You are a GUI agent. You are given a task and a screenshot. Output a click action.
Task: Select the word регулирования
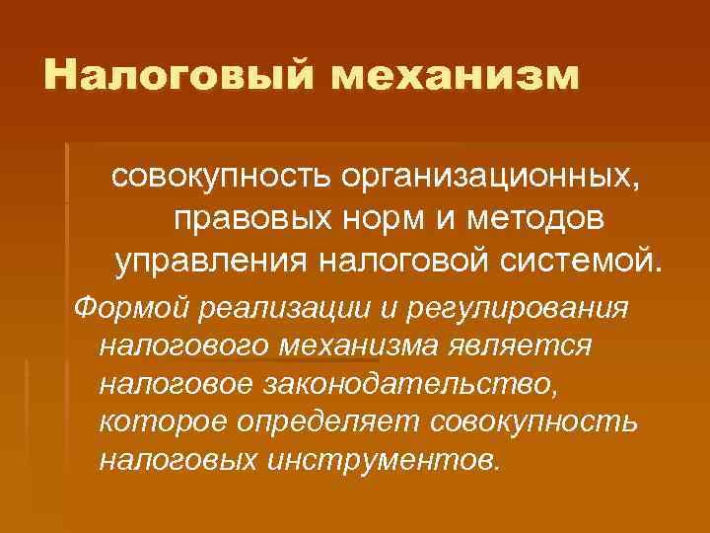(512, 307)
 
